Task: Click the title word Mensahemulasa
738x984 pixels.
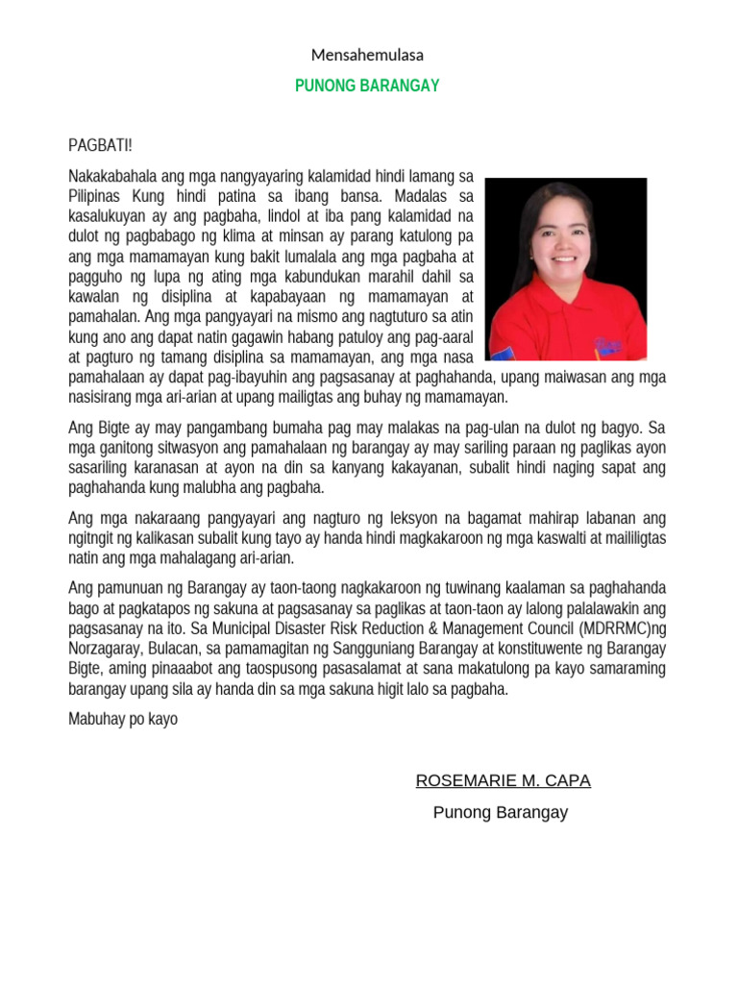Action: tap(368, 55)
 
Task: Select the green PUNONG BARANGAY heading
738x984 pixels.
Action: tap(367, 86)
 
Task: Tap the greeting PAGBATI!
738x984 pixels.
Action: tap(100, 146)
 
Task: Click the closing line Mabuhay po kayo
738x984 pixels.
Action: tap(123, 719)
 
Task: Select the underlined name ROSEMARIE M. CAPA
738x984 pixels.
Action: tap(503, 780)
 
